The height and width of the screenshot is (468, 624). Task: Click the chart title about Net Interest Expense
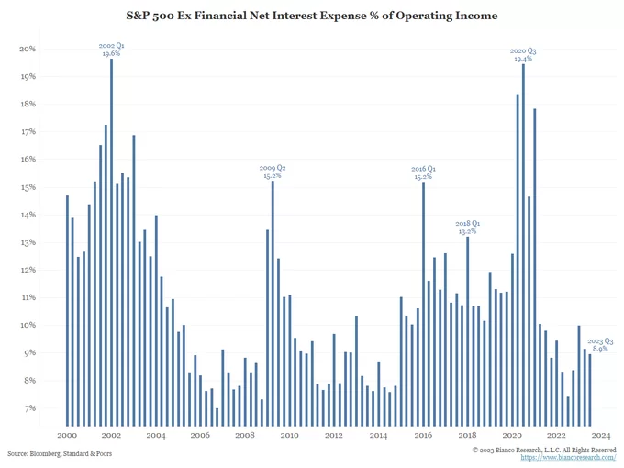click(312, 16)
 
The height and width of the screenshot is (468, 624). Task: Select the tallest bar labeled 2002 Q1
click(112, 239)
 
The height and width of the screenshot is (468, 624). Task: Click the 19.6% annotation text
click(111, 53)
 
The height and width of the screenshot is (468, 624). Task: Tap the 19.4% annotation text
click(523, 59)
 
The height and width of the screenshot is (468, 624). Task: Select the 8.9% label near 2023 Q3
click(601, 350)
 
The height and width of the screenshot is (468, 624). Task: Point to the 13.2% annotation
click(468, 231)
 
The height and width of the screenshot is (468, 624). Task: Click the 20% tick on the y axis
click(28, 49)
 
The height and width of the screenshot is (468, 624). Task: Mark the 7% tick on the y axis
click(29, 408)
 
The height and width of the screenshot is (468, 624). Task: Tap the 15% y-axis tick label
click(28, 187)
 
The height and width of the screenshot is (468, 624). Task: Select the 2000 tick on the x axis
click(67, 435)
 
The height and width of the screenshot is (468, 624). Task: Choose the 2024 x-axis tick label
click(601, 435)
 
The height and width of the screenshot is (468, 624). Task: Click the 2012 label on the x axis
click(334, 435)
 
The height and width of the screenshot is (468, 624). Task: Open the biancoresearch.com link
click(568, 458)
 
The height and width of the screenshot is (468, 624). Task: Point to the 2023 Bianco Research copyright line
click(544, 450)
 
